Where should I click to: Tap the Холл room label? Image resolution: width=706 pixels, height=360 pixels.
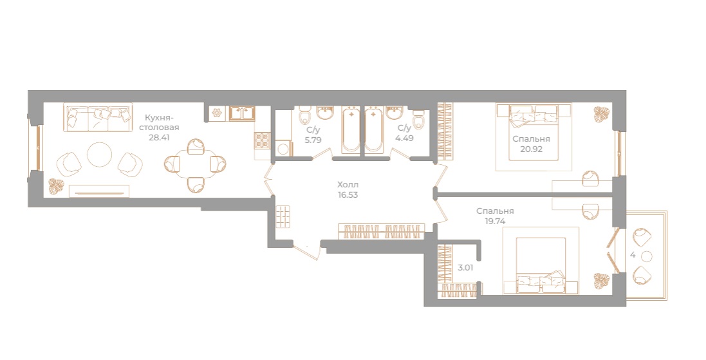348,185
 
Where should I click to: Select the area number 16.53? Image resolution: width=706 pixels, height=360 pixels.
348,195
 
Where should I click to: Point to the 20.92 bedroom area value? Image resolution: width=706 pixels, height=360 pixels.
532,149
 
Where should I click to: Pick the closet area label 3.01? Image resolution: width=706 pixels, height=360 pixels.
465,268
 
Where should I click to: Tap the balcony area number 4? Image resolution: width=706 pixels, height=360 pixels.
633,255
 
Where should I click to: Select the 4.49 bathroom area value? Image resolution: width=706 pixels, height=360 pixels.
404,138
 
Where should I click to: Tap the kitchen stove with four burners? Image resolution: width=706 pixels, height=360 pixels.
263,140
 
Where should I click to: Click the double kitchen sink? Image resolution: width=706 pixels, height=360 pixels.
242,113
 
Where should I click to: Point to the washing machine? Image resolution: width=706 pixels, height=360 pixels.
284,148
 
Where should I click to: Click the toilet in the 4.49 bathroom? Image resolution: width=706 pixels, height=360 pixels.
419,118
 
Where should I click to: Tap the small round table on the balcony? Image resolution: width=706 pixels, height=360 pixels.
647,256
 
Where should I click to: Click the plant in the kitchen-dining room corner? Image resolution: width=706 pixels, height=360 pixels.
57,187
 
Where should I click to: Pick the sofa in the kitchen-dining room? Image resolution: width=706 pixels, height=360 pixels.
98,117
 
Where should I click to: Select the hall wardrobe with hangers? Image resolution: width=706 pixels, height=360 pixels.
382,231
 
